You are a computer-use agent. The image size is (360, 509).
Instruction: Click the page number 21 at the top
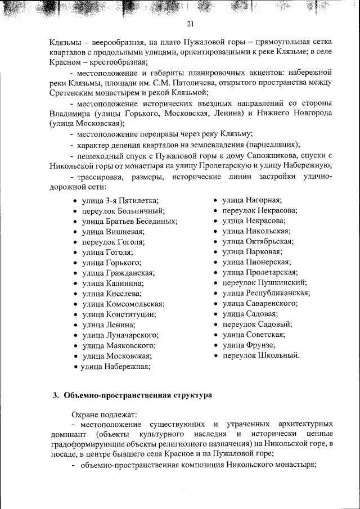click(x=190, y=24)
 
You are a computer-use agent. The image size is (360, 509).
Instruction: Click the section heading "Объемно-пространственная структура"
click(x=138, y=395)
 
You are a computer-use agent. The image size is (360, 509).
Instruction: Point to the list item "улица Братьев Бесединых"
click(x=129, y=222)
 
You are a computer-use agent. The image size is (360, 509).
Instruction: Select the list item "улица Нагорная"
click(x=252, y=200)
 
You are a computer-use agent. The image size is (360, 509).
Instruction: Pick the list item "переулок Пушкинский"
click(x=264, y=283)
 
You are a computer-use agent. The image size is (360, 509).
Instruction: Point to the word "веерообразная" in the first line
click(x=115, y=42)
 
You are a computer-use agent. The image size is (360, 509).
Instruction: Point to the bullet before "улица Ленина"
click(x=75, y=325)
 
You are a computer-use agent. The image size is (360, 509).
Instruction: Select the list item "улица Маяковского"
click(x=119, y=345)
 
